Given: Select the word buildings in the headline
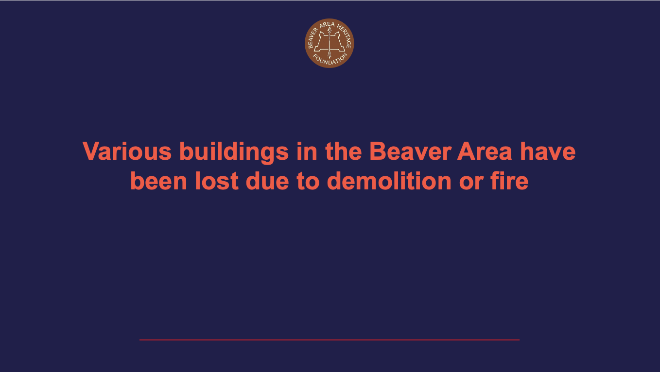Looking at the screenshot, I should coord(234,152).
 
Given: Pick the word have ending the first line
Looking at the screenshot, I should coord(548,152).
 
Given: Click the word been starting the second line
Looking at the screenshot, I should coord(159,181).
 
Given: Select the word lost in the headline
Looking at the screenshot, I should coord(217,181).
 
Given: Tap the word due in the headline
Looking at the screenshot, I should coord(269,181).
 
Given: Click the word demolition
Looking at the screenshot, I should coord(389,181).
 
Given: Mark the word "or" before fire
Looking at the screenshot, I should coord(468,181).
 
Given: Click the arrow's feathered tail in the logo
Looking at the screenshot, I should coord(330,54).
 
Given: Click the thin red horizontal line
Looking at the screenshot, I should coord(330,340).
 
